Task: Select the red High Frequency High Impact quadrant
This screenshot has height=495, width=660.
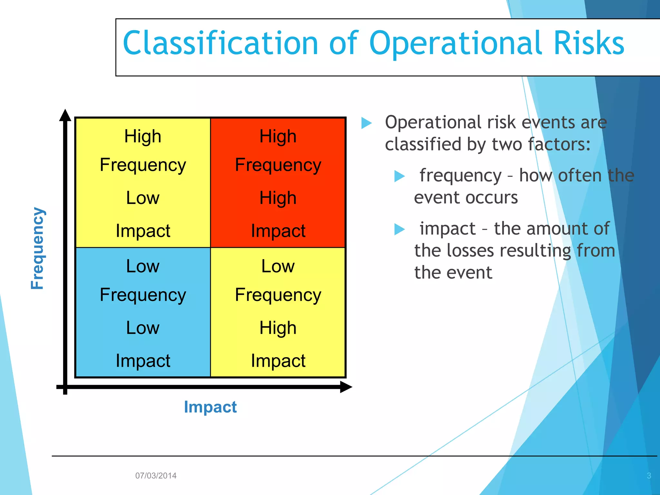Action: [278, 183]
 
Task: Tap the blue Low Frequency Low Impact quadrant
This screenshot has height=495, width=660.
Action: [143, 312]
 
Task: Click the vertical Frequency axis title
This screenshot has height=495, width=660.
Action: [38, 248]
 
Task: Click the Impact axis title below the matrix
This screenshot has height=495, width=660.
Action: [210, 407]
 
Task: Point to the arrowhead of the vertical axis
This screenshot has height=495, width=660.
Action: [65, 115]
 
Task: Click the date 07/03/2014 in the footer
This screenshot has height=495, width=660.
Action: [156, 476]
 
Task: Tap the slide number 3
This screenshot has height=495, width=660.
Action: [649, 476]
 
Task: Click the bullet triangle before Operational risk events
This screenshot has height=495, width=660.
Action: [366, 123]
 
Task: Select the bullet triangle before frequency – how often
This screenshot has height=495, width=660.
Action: [399, 176]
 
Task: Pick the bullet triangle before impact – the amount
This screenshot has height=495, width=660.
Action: [399, 229]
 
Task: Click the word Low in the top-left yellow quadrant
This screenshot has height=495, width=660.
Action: [143, 198]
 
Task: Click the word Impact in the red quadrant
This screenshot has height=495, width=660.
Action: [278, 231]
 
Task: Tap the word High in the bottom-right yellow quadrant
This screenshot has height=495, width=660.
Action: [278, 328]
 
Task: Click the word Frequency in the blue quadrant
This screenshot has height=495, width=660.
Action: [143, 295]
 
